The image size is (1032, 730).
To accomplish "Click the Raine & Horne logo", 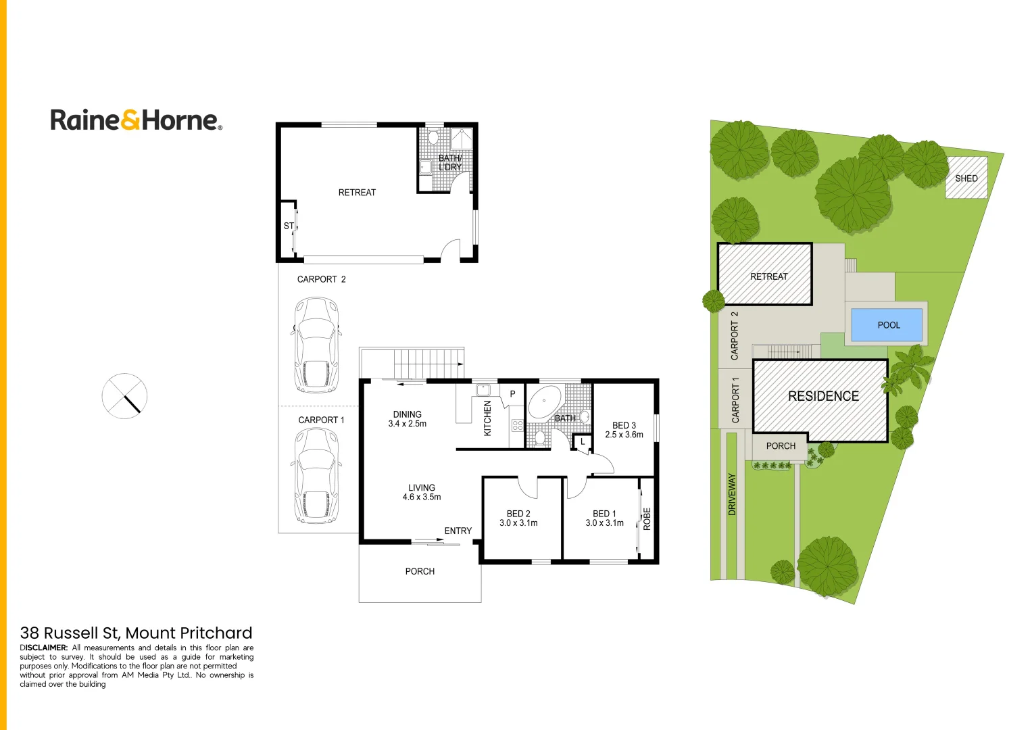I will pyautogui.click(x=136, y=120).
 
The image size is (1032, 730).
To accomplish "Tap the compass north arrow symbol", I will pyautogui.click(x=124, y=396).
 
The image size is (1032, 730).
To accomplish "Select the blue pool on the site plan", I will pyautogui.click(x=886, y=325).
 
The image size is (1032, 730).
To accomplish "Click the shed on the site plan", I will pyautogui.click(x=966, y=178).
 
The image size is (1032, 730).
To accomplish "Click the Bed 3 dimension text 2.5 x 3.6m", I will pyautogui.click(x=624, y=435).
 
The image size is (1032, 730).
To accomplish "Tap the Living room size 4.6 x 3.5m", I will pyautogui.click(x=422, y=497).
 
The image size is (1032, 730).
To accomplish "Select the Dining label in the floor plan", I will pyautogui.click(x=407, y=414).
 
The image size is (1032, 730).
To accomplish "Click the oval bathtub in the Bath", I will pyautogui.click(x=544, y=403).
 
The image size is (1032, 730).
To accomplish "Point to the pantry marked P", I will pyautogui.click(x=512, y=394).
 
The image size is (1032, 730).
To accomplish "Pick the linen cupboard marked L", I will pyautogui.click(x=583, y=442).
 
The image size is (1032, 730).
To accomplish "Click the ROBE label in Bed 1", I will pyautogui.click(x=647, y=518).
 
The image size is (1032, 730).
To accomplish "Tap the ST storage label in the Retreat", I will pyautogui.click(x=289, y=226).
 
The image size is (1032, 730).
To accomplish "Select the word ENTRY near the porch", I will pyautogui.click(x=458, y=531).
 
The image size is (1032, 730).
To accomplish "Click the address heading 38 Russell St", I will pyautogui.click(x=136, y=633).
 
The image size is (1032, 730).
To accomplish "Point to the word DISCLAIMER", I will pyautogui.click(x=44, y=648).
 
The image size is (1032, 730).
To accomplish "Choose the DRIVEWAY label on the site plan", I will pyautogui.click(x=732, y=494).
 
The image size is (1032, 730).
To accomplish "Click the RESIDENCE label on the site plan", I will pyautogui.click(x=823, y=396).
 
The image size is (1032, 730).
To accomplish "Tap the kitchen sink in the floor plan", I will pyautogui.click(x=483, y=390).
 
